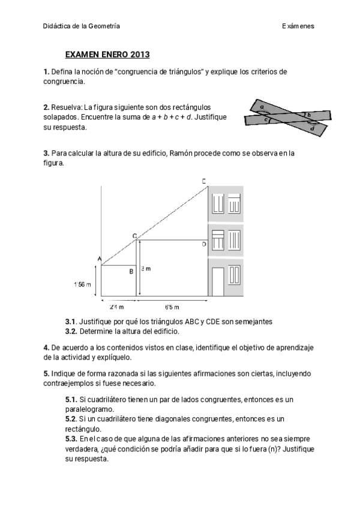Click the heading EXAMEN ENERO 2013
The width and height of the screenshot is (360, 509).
pos(107,55)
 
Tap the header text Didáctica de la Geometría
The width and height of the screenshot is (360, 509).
pos(82,26)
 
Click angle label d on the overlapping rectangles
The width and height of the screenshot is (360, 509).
pos(312,128)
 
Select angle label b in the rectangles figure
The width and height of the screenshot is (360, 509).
pos(308,114)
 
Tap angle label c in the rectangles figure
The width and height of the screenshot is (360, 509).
pos(266,120)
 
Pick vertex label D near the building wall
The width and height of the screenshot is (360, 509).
pos(203,244)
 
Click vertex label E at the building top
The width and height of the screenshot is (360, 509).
pos(204,181)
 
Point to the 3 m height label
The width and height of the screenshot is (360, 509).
pos(144,269)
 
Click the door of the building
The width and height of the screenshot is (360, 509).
pos(218,282)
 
